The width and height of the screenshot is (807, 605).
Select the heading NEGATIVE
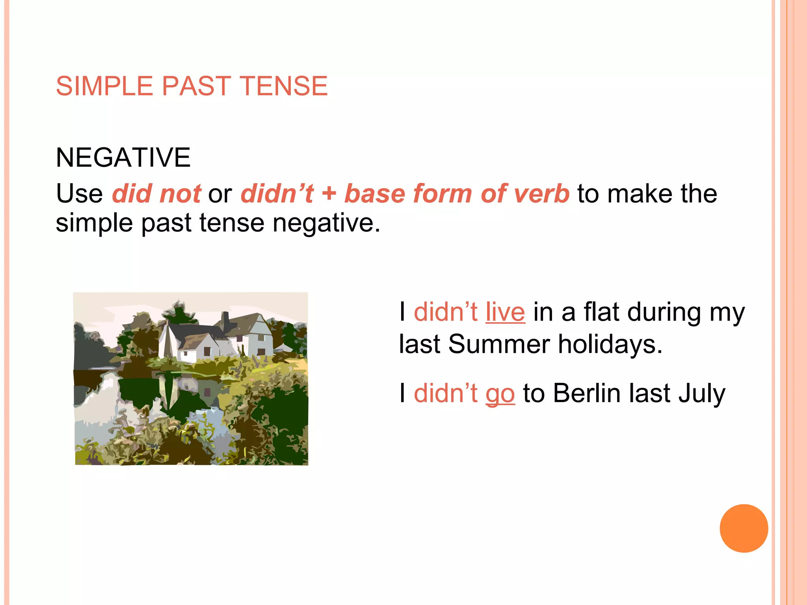click(123, 157)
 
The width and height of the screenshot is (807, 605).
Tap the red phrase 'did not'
click(156, 193)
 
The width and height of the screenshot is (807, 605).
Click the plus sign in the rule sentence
click(329, 194)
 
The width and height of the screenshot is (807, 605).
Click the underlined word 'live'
click(505, 312)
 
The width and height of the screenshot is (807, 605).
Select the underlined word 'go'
click(500, 394)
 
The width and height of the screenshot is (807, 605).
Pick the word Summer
click(499, 344)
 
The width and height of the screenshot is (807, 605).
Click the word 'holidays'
click(610, 344)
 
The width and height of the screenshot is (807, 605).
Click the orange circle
click(744, 528)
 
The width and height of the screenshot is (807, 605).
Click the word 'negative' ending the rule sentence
click(326, 223)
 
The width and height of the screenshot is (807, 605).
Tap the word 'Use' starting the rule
click(79, 193)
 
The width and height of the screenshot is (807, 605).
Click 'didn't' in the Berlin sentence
click(445, 393)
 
